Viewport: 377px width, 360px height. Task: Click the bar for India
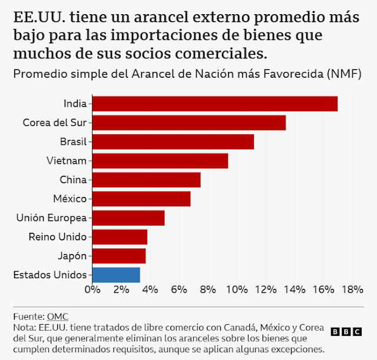(215, 104)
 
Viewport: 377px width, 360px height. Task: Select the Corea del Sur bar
(189, 123)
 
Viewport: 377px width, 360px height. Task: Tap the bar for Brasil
(173, 141)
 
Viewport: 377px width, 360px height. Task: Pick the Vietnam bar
(160, 161)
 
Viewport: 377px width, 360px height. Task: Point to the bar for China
(147, 180)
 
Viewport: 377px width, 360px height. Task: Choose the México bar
(141, 199)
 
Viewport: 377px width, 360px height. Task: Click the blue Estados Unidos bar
(116, 275)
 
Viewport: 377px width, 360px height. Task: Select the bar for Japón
(119, 256)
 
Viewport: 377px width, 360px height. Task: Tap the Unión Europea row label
(52, 218)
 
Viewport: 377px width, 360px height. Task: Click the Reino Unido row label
(58, 237)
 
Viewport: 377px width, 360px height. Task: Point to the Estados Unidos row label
(50, 275)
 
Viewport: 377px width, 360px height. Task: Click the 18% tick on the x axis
(352, 289)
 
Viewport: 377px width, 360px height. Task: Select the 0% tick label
(92, 289)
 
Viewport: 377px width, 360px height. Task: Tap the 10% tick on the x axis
(236, 289)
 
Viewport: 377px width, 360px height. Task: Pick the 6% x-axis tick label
(178, 289)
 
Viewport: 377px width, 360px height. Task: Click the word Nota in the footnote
(23, 327)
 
